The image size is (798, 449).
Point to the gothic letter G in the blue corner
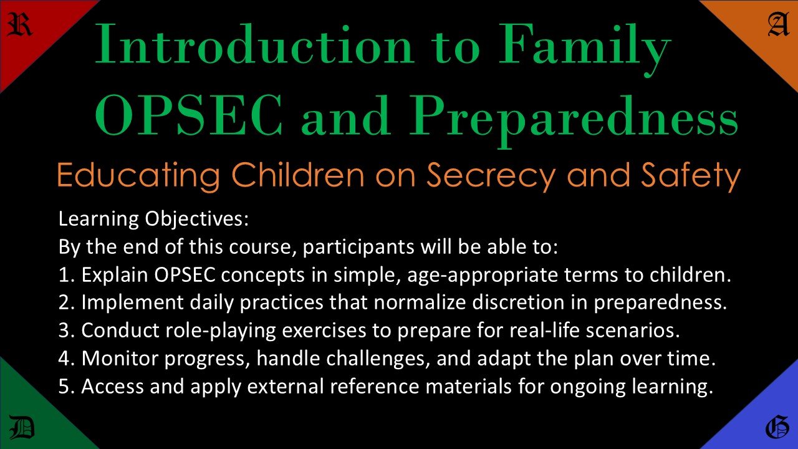click(777, 428)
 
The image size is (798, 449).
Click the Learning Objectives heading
click(153, 219)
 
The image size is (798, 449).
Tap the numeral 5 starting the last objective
click(64, 387)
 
